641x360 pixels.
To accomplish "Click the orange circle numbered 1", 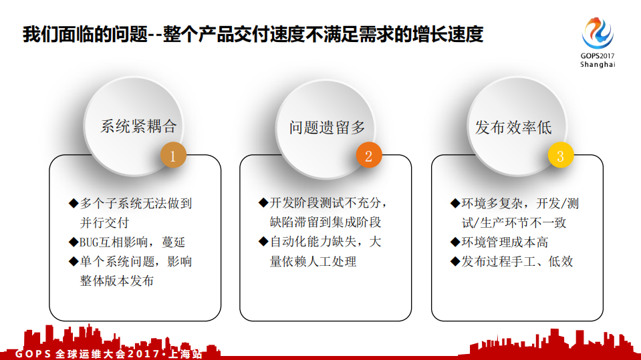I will tap(172, 156).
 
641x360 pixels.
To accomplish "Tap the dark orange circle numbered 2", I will tap(368, 156).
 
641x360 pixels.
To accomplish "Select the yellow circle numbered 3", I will tap(560, 156).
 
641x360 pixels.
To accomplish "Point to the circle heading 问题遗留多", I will tap(328, 127).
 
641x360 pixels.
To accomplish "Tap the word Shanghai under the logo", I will tap(597, 65).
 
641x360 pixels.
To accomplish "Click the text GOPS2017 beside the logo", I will tap(597, 55).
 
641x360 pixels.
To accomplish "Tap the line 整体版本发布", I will tap(117, 281).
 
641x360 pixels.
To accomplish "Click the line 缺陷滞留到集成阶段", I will tap(326, 222).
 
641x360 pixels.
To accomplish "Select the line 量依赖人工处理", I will tap(313, 261).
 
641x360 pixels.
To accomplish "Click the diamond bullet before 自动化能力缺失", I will tap(263, 242).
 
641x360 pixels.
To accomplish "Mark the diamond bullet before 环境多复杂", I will tap(455, 203).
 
